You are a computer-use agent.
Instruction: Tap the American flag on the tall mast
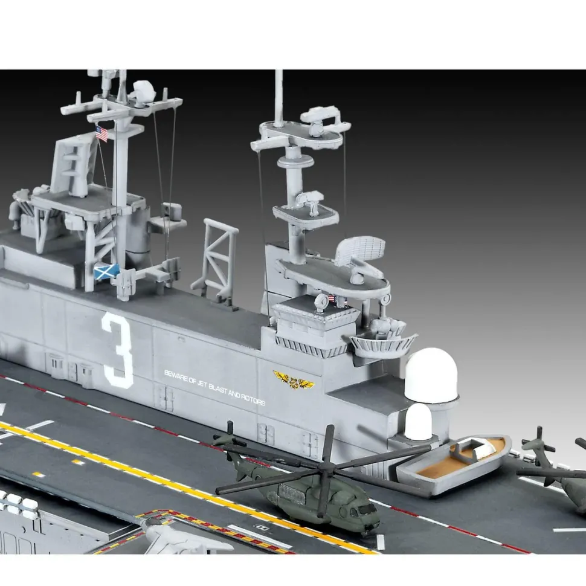[102, 134]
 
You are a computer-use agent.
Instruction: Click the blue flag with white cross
[106, 272]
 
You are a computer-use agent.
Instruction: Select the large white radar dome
[430, 376]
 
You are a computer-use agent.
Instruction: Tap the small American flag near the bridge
[332, 298]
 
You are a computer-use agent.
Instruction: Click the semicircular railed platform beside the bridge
[383, 344]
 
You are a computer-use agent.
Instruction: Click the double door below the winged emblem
[266, 433]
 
